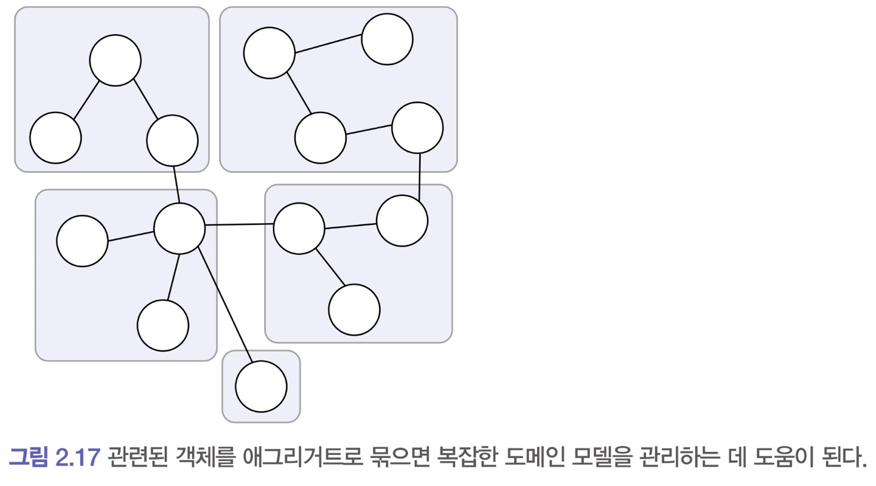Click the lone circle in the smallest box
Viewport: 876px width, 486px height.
tap(261, 386)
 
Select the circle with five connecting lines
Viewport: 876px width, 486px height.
tap(179, 229)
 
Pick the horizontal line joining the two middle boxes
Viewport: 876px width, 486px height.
tap(239, 225)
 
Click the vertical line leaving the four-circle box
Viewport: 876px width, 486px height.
tap(420, 176)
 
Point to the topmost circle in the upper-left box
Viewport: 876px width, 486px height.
tap(115, 60)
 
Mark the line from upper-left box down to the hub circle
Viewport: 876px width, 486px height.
tap(176, 184)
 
